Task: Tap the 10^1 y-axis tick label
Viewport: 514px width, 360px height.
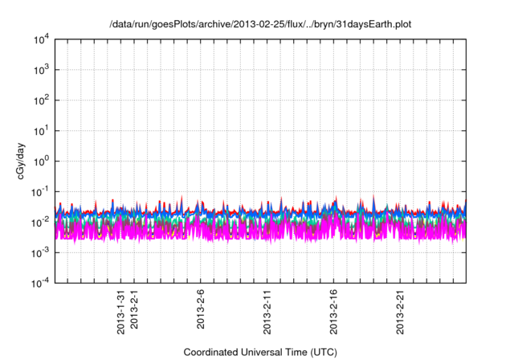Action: coord(39,130)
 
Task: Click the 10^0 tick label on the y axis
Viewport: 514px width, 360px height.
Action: coord(39,161)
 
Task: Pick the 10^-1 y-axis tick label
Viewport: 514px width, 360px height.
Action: coord(38,191)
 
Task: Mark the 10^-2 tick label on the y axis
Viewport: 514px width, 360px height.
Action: coord(38,221)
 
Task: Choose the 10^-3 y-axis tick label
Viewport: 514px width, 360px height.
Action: coord(38,252)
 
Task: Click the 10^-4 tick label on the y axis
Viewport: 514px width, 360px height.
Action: coord(38,282)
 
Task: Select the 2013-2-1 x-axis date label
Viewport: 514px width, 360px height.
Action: coord(134,309)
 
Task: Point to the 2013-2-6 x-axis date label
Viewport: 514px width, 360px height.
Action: coord(201,309)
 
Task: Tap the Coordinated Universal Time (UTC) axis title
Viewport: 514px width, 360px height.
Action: coord(259,352)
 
